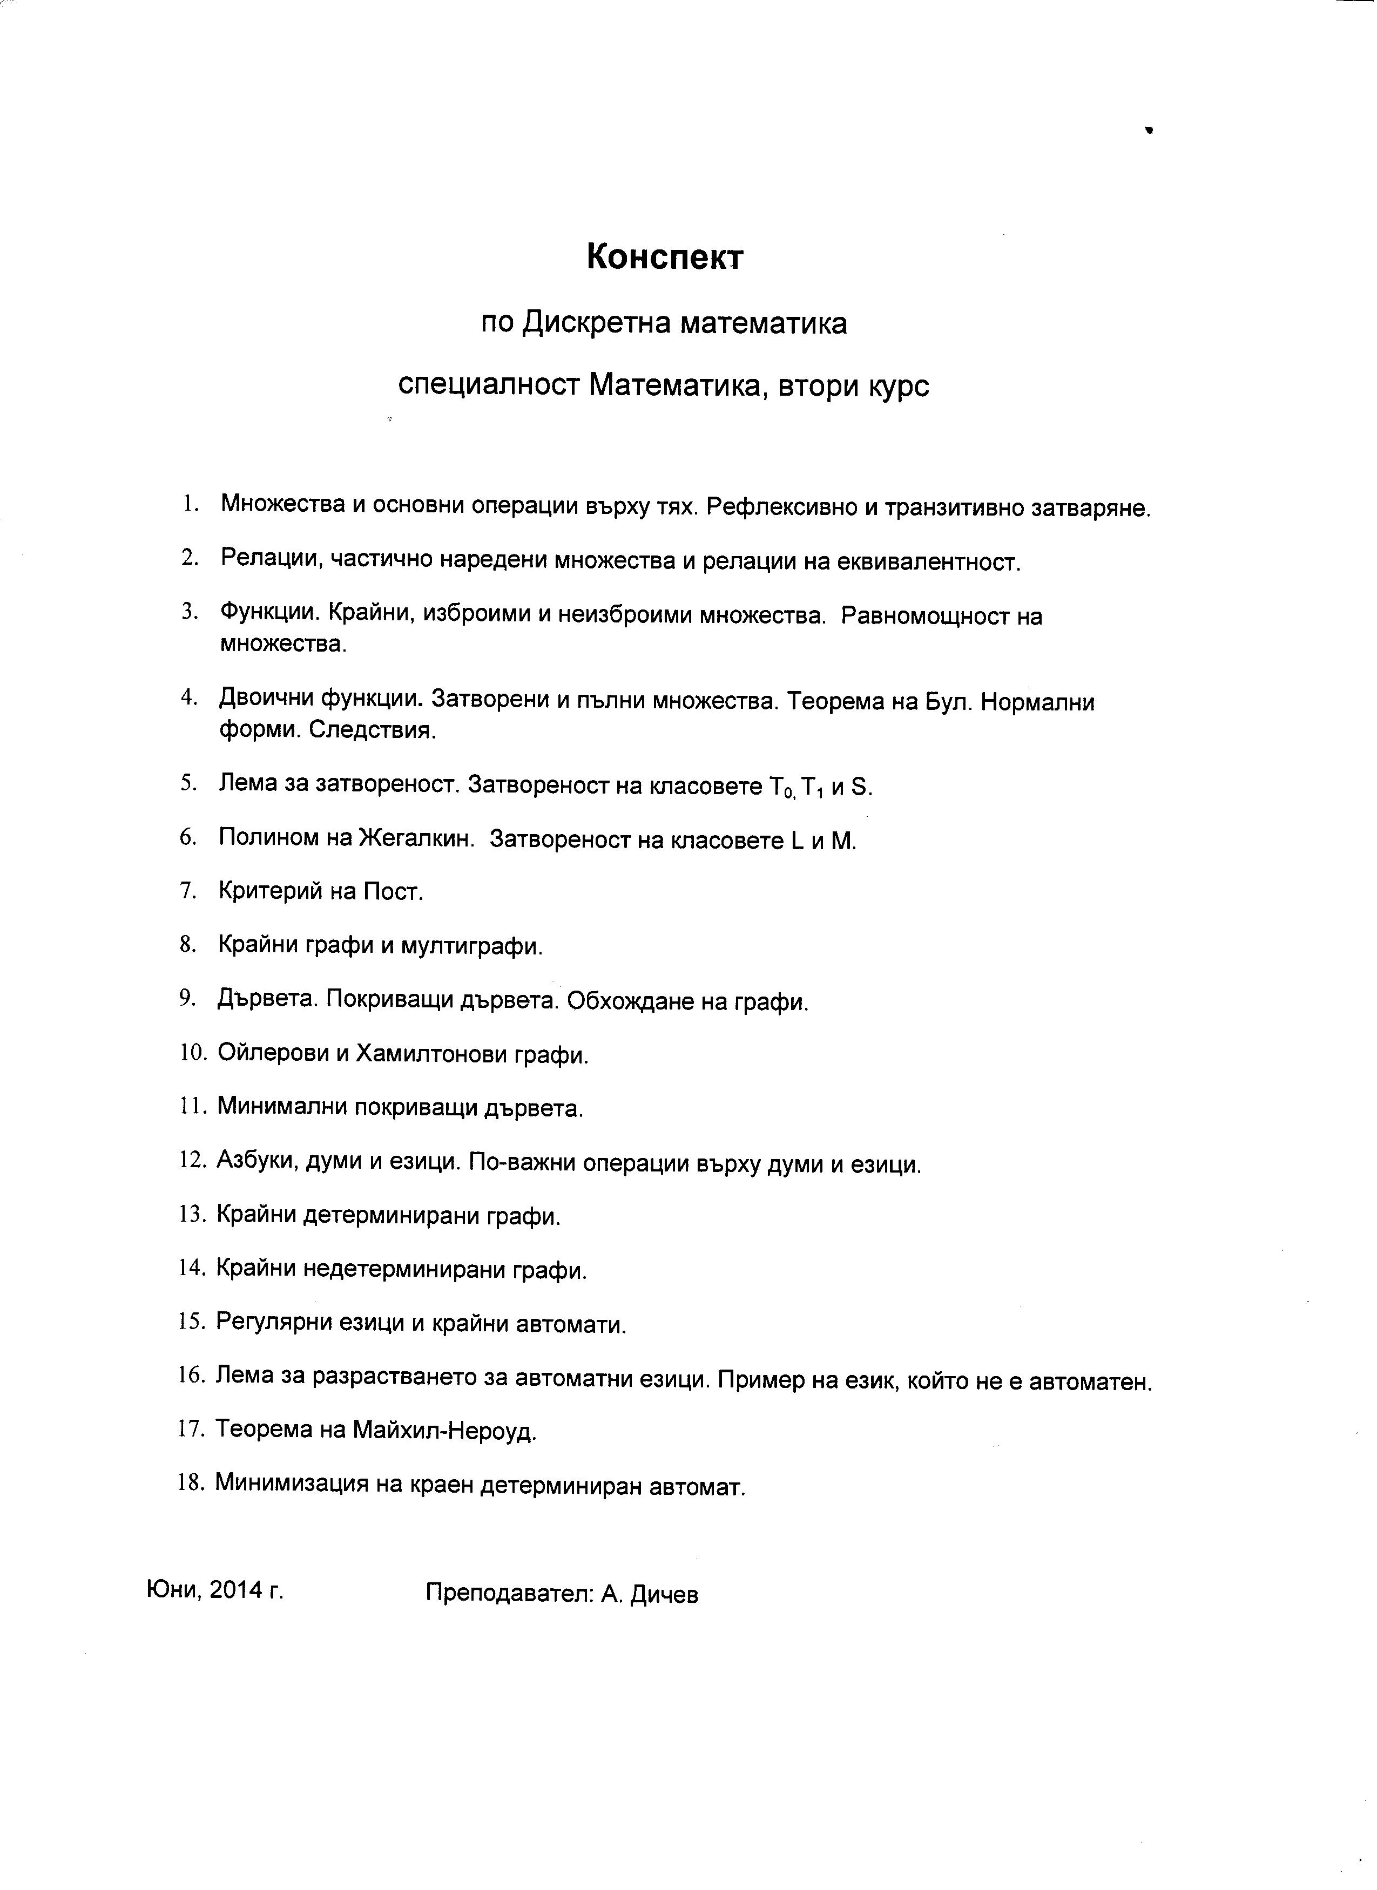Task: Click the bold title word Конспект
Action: point(664,258)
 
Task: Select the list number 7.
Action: point(187,890)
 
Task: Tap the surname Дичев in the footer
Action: point(664,1593)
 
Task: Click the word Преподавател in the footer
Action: point(509,1593)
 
